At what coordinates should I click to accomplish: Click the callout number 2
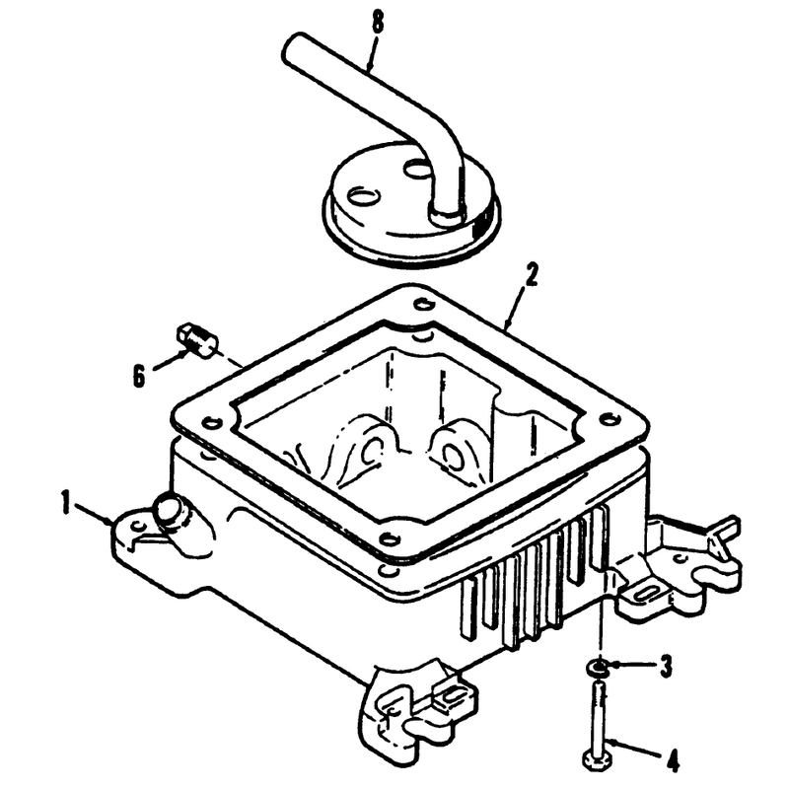click(x=531, y=275)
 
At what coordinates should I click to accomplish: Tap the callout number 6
click(x=139, y=376)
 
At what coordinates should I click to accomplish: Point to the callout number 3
click(x=666, y=666)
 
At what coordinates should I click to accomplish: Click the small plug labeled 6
click(x=196, y=340)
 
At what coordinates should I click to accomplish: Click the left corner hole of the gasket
click(x=209, y=421)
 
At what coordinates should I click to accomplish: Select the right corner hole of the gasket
click(x=610, y=417)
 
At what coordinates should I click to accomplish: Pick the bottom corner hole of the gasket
click(x=388, y=538)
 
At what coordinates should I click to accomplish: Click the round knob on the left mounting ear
click(x=170, y=510)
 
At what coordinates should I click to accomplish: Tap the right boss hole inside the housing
click(x=453, y=450)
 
